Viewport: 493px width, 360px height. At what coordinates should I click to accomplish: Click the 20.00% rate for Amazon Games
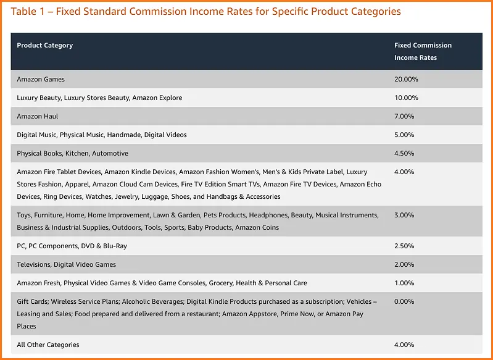[x=406, y=79]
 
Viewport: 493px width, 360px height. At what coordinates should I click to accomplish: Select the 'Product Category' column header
[x=44, y=46]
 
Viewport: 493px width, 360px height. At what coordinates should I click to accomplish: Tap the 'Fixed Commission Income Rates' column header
[x=423, y=51]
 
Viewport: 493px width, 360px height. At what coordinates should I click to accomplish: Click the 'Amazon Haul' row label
[x=38, y=116]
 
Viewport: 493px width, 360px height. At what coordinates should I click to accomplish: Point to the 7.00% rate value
[x=404, y=116]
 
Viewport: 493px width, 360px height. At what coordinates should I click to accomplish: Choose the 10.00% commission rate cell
[x=406, y=98]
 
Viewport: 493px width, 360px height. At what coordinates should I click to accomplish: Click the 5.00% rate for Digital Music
[x=404, y=135]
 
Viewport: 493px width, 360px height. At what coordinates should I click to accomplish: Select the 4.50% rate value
[x=404, y=153]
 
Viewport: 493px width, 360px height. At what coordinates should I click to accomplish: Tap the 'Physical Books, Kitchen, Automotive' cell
[x=72, y=153]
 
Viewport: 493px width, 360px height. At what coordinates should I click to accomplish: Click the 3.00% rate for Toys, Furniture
[x=404, y=215]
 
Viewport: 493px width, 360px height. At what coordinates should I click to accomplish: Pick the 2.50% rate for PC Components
[x=404, y=246]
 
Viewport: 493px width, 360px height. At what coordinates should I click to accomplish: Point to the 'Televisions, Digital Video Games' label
[x=66, y=264]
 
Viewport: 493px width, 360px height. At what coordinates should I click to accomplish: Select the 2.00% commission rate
[x=404, y=264]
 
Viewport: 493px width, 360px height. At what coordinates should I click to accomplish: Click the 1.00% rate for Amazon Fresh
[x=404, y=283]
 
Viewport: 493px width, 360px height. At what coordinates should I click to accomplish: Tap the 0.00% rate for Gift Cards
[x=404, y=301]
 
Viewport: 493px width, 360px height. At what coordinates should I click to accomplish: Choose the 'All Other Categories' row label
[x=48, y=345]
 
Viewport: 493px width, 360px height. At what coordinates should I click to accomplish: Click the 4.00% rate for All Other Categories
[x=404, y=345]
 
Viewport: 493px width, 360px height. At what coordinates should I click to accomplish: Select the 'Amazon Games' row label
[x=41, y=79]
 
